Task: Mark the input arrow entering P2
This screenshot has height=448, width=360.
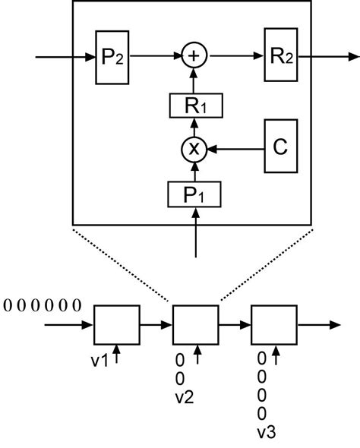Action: (65, 56)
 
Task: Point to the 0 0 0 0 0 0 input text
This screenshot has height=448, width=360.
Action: (43, 306)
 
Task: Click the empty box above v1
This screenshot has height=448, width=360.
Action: (116, 325)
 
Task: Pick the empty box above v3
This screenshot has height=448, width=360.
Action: (274, 325)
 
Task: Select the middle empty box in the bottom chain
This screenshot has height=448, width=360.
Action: (196, 325)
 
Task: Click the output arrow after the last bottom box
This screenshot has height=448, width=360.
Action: (319, 325)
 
